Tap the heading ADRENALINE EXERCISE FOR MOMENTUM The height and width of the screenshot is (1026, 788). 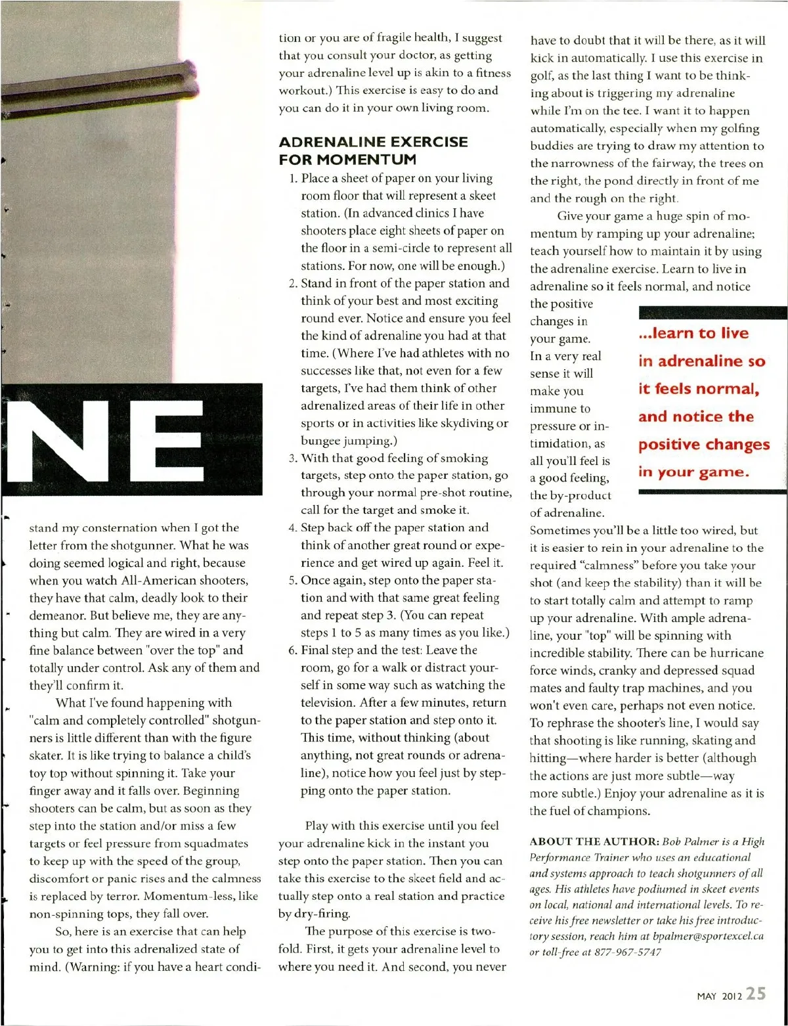(373, 150)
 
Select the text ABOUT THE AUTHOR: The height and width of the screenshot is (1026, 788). (594, 841)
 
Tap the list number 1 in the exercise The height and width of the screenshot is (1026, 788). (293, 178)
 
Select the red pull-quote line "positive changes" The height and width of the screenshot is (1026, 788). (704, 445)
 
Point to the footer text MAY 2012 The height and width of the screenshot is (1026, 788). (719, 996)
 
